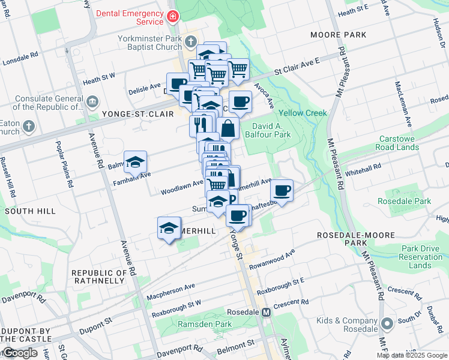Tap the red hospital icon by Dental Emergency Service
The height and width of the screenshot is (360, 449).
[x=173, y=16]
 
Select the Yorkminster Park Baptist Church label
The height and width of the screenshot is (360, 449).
[x=149, y=43]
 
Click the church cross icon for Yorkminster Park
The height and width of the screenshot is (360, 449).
[x=191, y=42]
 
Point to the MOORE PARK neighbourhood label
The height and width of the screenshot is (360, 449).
[x=338, y=35]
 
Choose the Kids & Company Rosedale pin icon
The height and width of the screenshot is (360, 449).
[x=387, y=324]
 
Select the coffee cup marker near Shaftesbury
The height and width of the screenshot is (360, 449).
[x=281, y=191]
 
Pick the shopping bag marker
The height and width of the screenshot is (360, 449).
[x=228, y=128]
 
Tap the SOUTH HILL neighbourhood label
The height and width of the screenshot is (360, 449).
[x=30, y=211]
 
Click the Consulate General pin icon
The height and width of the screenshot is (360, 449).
[x=92, y=100]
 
